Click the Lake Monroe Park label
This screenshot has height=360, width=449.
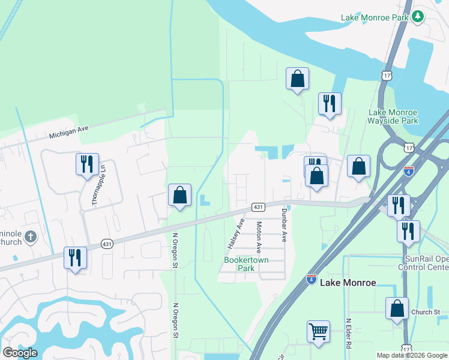tap(375, 17)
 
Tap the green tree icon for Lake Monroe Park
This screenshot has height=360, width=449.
tap(418, 17)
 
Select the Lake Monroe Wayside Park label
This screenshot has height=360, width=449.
tap(393, 116)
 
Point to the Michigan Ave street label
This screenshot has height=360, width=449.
tap(68, 131)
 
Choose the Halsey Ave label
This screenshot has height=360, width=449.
tap(235, 234)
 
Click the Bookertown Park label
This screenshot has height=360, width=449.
tap(246, 264)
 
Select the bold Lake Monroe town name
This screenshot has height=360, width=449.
tap(348, 282)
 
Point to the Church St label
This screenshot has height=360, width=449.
tap(426, 312)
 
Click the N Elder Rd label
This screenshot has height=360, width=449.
tap(348, 334)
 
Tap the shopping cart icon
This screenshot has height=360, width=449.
tap(318, 331)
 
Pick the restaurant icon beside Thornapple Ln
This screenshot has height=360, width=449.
tap(87, 164)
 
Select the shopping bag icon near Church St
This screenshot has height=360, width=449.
tap(397, 308)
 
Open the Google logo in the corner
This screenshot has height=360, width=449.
tap(19, 353)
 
